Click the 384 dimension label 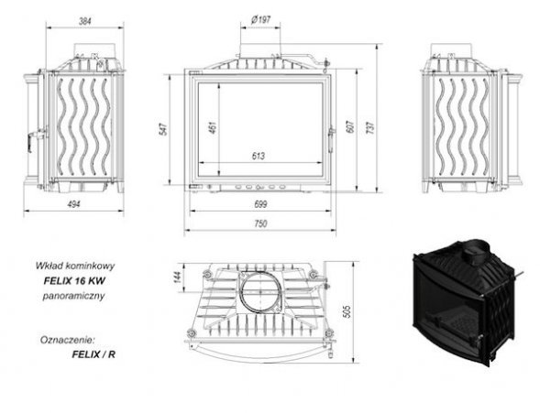pyautogui.click(x=85, y=21)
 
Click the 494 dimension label pyautogui.click(x=73, y=204)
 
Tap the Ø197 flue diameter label pyautogui.click(x=260, y=19)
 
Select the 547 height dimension pyautogui.click(x=164, y=129)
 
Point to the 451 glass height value pyautogui.click(x=213, y=127)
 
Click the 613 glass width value pyautogui.click(x=259, y=156)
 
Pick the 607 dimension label pyautogui.click(x=349, y=126)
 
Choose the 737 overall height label pyautogui.click(x=369, y=127)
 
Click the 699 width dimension pyautogui.click(x=260, y=204)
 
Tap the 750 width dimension pyautogui.click(x=260, y=223)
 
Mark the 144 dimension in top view pyautogui.click(x=177, y=277)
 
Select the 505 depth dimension pyautogui.click(x=347, y=311)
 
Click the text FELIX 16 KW pyautogui.click(x=74, y=281)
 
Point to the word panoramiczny pyautogui.click(x=73, y=296)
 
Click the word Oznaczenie pyautogui.click(x=67, y=340)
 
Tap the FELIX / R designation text pyautogui.click(x=94, y=354)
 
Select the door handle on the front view pyautogui.click(x=331, y=139)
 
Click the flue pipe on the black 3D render pyautogui.click(x=477, y=252)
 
